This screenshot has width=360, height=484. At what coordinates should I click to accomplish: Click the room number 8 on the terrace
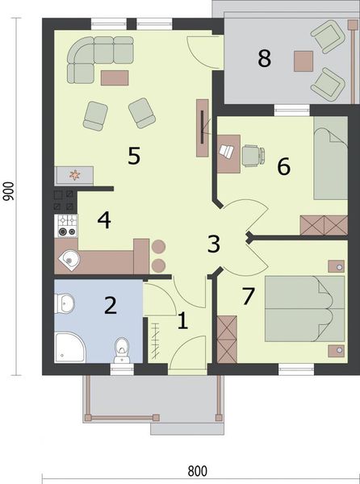[x=263, y=58]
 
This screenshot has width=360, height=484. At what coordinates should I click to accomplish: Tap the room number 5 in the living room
[x=134, y=156]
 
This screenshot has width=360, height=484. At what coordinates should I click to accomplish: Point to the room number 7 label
[x=249, y=295]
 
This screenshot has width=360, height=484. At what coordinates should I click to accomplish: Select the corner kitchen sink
[x=70, y=260]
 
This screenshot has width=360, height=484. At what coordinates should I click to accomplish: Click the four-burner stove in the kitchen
[x=65, y=226]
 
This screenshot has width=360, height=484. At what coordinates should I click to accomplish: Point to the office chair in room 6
[x=253, y=154]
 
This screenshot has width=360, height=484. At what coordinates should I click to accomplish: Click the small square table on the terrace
[x=303, y=60]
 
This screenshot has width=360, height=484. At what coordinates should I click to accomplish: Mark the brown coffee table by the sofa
[x=115, y=77]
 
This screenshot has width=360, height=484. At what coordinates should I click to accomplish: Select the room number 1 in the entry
[x=182, y=321]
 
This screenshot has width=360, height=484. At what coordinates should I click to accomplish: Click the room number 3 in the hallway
[x=213, y=244]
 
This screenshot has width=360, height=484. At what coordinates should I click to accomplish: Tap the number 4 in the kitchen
[x=104, y=218]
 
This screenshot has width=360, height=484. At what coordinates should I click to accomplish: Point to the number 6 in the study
[x=283, y=166]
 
